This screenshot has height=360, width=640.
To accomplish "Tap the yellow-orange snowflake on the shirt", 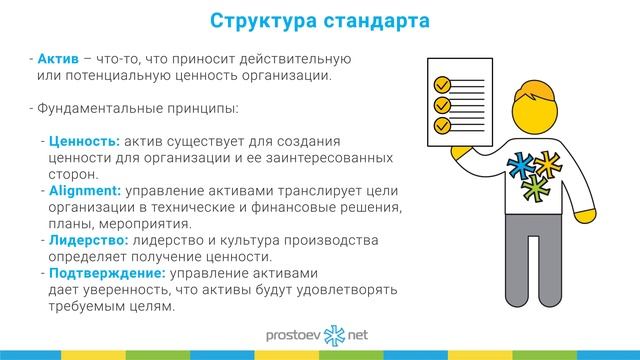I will coord(550,160).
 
